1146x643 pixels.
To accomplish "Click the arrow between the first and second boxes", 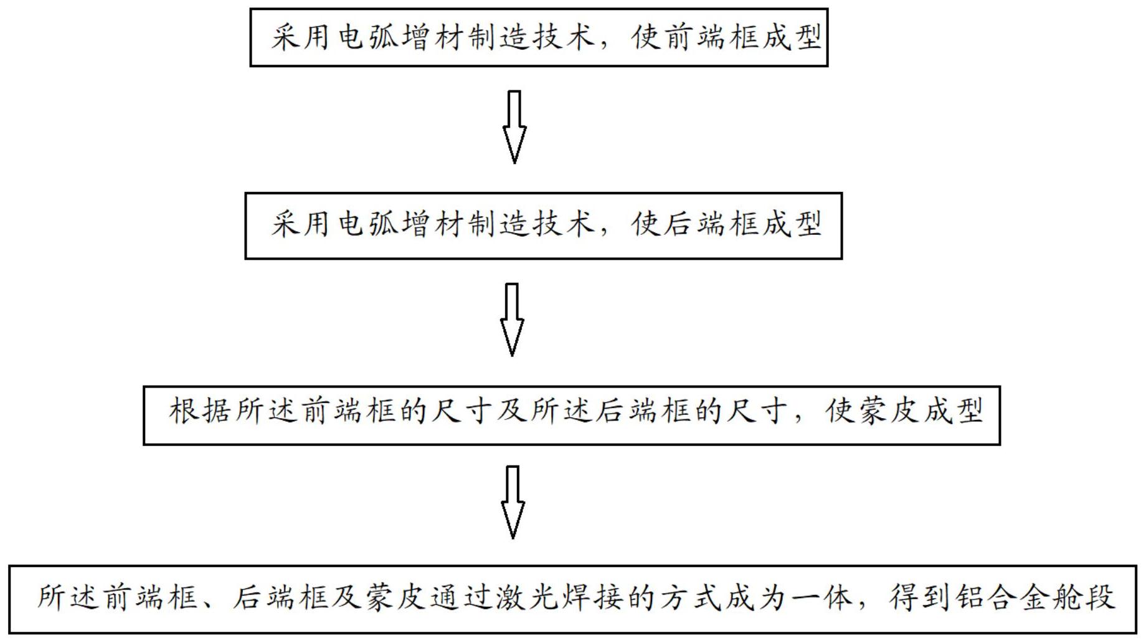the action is point(514,127).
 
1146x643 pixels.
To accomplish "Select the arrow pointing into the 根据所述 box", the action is point(512,320).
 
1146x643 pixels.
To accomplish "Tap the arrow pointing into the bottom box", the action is point(513,502).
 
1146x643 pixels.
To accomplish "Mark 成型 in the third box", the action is point(954,412).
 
